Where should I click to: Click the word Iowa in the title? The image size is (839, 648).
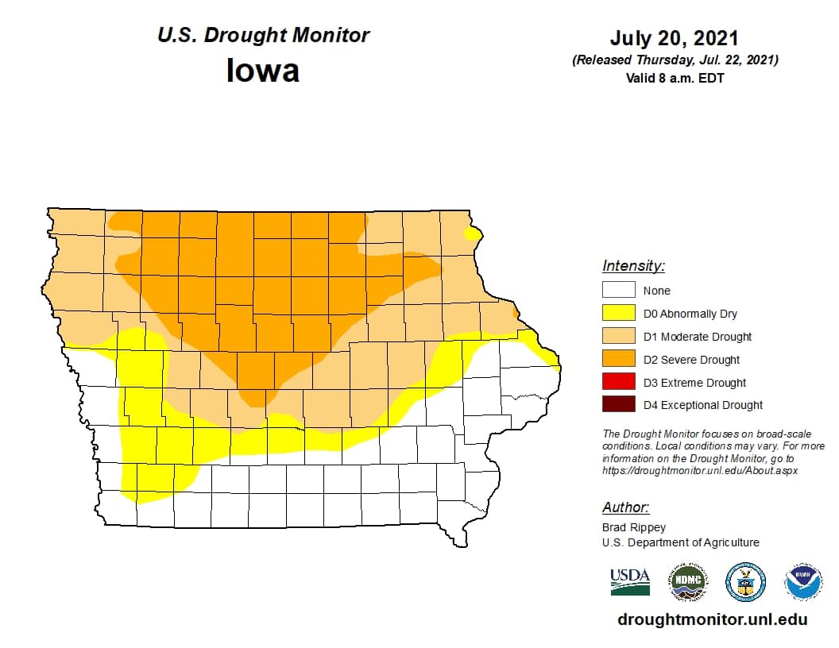point(263,71)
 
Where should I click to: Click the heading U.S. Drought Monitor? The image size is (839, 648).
point(263,36)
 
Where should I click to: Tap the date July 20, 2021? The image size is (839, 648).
point(675,38)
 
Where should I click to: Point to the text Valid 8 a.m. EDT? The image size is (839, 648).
point(675,78)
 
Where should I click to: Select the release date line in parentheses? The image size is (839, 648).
point(675,60)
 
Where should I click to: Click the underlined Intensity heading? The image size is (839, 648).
point(633,266)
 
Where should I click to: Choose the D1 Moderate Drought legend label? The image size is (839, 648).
point(697,337)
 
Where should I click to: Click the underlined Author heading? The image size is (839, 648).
point(625,507)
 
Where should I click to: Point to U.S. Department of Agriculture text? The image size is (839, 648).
point(680,542)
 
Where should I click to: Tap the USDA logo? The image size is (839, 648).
point(630,582)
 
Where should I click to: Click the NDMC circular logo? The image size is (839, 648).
point(687,582)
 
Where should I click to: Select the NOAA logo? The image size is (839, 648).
point(803,582)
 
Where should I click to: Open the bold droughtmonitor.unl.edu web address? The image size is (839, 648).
point(712,619)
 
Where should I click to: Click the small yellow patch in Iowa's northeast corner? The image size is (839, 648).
point(474,233)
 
